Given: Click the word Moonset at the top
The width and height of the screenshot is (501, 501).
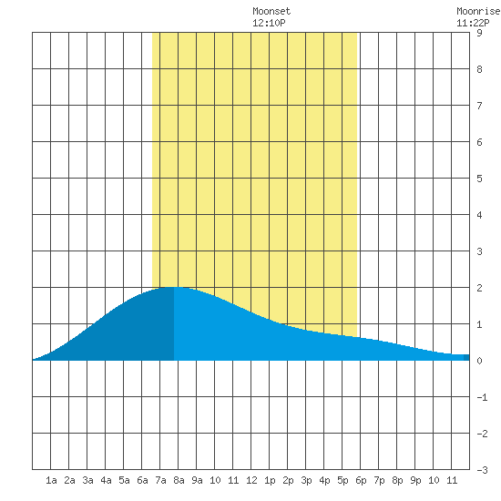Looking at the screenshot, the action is pyautogui.click(x=271, y=11).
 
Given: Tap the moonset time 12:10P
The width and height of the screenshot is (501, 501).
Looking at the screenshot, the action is pyautogui.click(x=269, y=23).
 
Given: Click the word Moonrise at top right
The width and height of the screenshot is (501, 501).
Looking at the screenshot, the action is pyautogui.click(x=478, y=11).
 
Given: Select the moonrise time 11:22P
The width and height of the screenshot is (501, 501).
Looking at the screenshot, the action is pyautogui.click(x=473, y=23).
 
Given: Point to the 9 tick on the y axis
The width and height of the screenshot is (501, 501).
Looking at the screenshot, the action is pyautogui.click(x=479, y=33).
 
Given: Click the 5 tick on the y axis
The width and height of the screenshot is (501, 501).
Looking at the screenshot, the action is pyautogui.click(x=479, y=179).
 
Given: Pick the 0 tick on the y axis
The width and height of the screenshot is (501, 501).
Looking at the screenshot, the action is pyautogui.click(x=479, y=361).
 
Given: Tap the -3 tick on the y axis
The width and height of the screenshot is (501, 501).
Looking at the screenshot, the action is pyautogui.click(x=482, y=470).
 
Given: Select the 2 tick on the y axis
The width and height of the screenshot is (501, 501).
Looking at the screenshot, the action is pyautogui.click(x=479, y=288).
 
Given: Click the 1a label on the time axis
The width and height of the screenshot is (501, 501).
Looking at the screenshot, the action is pyautogui.click(x=51, y=480).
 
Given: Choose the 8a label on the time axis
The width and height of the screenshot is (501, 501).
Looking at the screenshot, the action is pyautogui.click(x=179, y=480).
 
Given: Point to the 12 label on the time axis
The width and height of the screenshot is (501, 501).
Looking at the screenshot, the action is pyautogui.click(x=251, y=480).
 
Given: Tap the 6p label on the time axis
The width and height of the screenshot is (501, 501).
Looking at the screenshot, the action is pyautogui.click(x=361, y=480).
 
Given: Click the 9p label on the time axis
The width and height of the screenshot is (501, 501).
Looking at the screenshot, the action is pyautogui.click(x=415, y=480).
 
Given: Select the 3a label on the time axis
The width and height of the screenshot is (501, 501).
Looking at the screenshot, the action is pyautogui.click(x=87, y=480).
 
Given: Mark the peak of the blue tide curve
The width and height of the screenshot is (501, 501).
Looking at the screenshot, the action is pyautogui.click(x=174, y=287).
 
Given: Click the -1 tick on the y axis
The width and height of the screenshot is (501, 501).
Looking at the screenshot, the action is pyautogui.click(x=482, y=397).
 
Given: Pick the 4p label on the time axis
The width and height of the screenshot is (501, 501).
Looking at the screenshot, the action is pyautogui.click(x=324, y=480).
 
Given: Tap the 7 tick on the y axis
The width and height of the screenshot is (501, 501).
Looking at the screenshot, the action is pyautogui.click(x=479, y=106).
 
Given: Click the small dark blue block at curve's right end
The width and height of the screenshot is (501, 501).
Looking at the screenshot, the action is pyautogui.click(x=466, y=357).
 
